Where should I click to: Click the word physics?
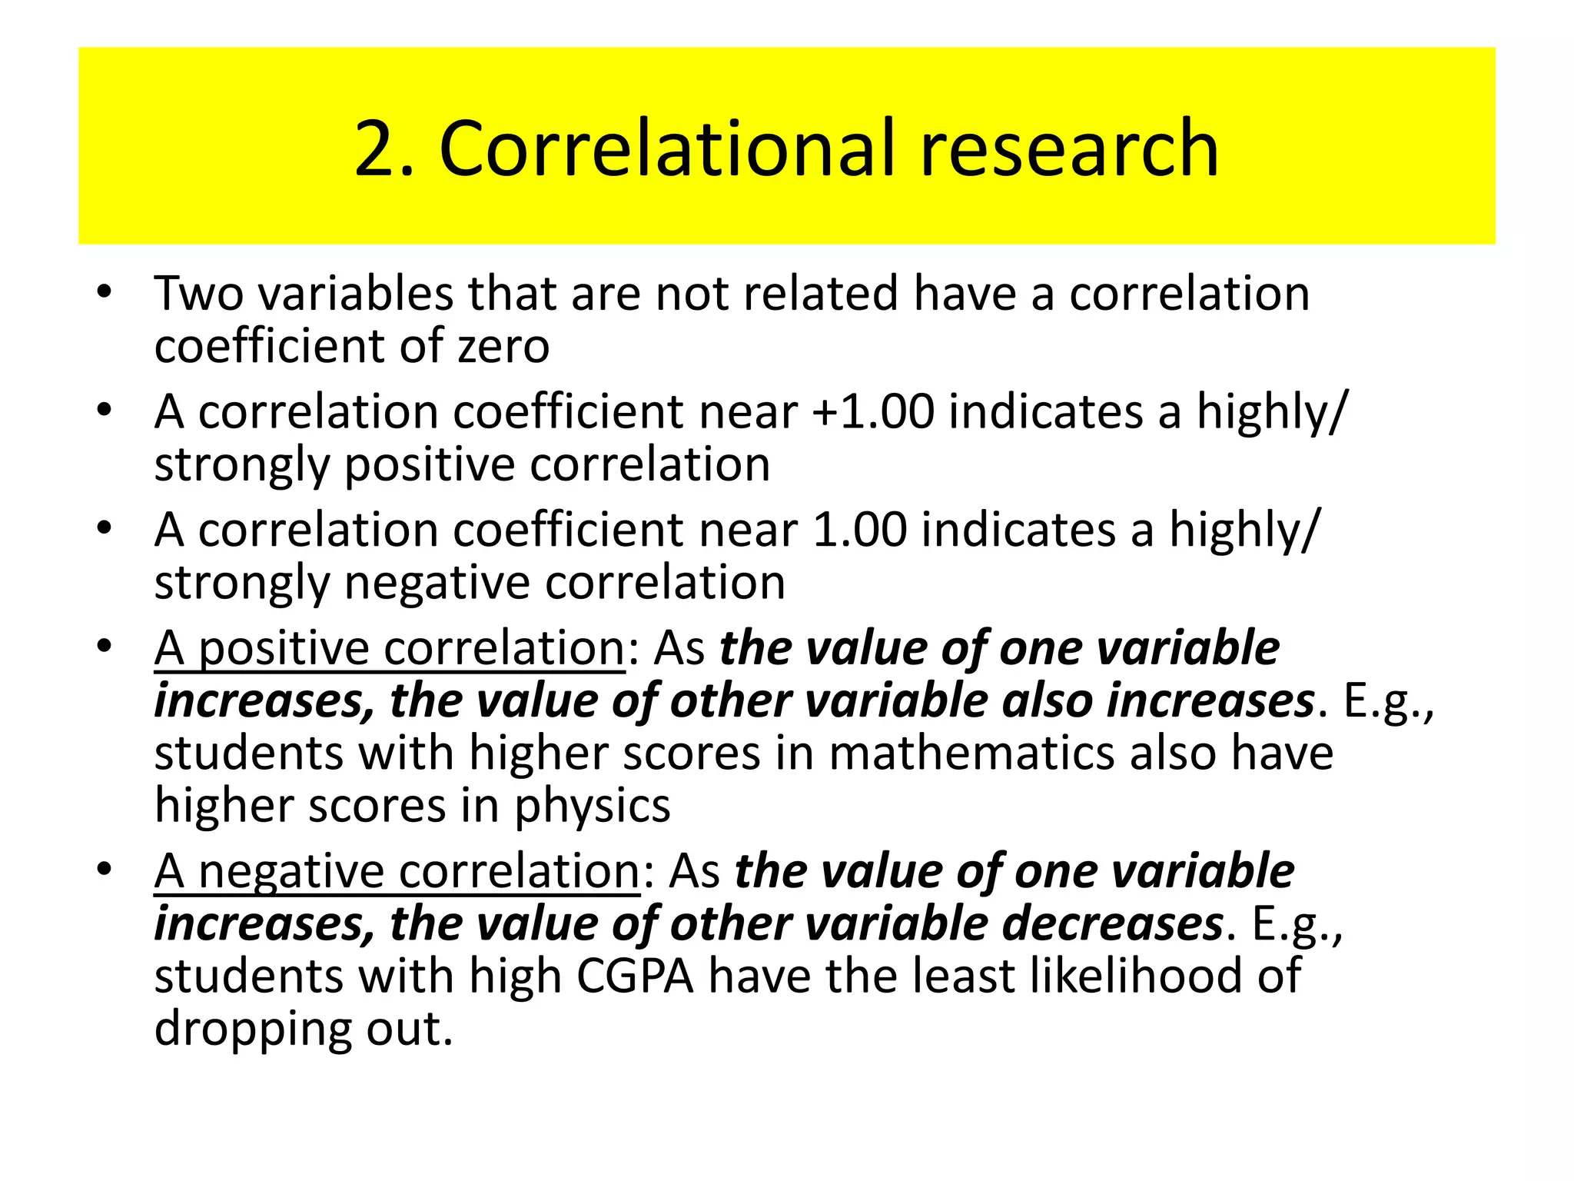coord(592,807)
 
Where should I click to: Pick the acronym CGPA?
coord(635,976)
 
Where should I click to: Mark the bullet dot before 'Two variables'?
coord(105,292)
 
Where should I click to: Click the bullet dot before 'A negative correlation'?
coord(105,870)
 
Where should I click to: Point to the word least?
coord(965,976)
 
